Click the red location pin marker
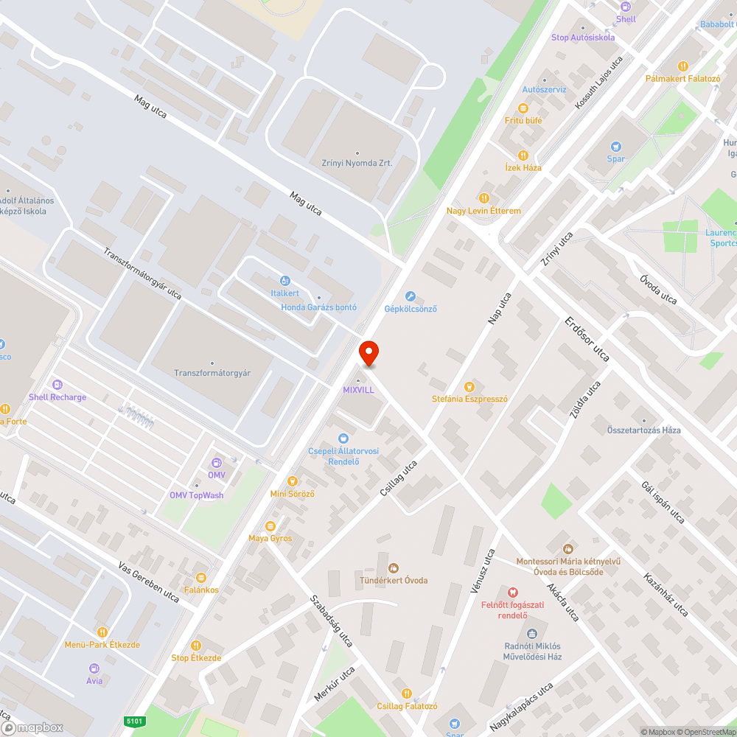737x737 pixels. click(368, 353)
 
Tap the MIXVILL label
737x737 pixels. click(359, 389)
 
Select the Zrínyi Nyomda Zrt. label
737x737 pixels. click(357, 163)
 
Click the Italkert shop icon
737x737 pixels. click(284, 281)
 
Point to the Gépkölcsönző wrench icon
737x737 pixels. click(411, 296)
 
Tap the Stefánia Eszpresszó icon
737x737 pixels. click(469, 386)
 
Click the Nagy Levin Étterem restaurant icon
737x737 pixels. click(483, 198)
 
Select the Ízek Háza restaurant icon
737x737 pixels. click(523, 156)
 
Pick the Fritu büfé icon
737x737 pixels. click(523, 108)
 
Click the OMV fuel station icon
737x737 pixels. click(216, 462)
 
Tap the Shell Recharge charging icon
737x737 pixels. click(57, 384)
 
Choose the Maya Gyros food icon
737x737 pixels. click(270, 525)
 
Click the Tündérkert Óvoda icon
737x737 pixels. click(394, 567)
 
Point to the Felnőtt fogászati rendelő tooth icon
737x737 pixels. click(513, 592)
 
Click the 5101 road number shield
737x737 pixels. click(135, 721)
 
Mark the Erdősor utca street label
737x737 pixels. click(587, 339)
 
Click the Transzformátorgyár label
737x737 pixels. click(212, 373)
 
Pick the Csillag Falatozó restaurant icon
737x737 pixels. click(407, 694)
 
